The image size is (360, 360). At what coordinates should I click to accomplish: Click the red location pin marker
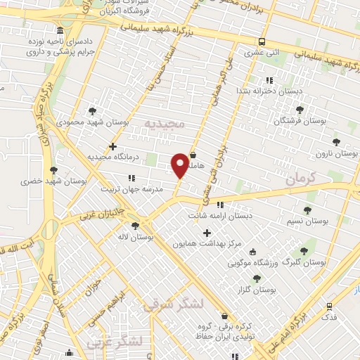pyautogui.click(x=180, y=164)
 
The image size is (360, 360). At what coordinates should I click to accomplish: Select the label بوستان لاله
pyautogui.click(x=136, y=237)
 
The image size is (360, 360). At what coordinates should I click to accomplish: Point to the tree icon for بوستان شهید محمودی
pyautogui.click(x=93, y=111)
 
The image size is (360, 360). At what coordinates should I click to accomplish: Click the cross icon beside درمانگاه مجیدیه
pyautogui.click(x=112, y=146)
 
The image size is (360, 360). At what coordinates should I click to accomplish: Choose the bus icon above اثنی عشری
pyautogui.click(x=262, y=41)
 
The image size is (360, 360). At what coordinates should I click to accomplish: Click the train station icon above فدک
pyautogui.click(x=328, y=307)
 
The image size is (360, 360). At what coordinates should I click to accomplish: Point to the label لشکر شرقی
pyautogui.click(x=172, y=304)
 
